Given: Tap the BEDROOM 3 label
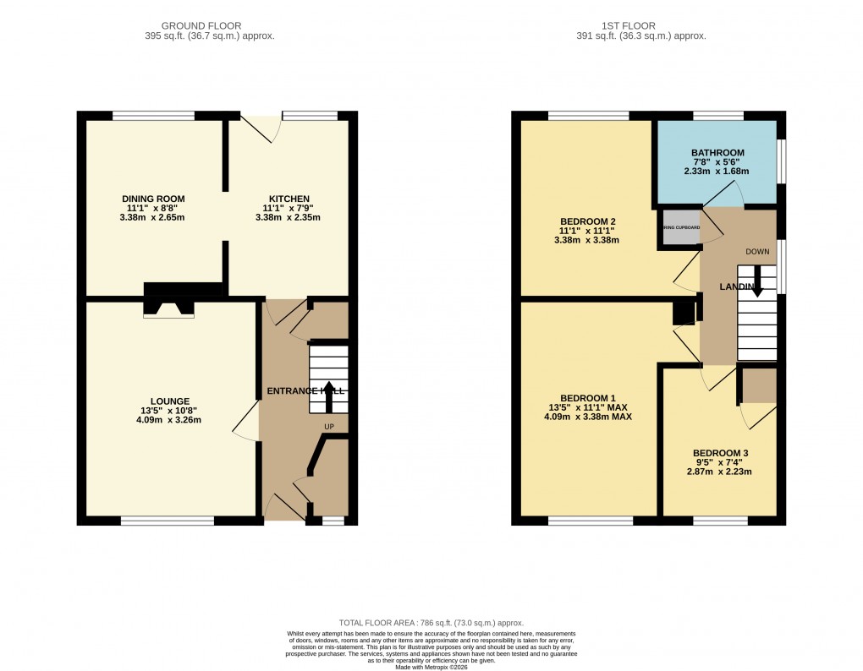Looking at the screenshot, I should pos(720,453).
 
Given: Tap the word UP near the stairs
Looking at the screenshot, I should pos(328,426).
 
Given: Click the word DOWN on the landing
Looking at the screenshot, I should pos(757,252).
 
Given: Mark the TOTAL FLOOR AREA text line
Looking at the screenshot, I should pos(431,622).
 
